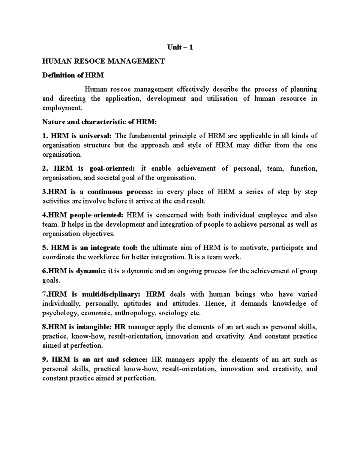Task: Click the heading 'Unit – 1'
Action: (x=180, y=47)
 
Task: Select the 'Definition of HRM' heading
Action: (x=73, y=75)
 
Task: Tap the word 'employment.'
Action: (x=62, y=108)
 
